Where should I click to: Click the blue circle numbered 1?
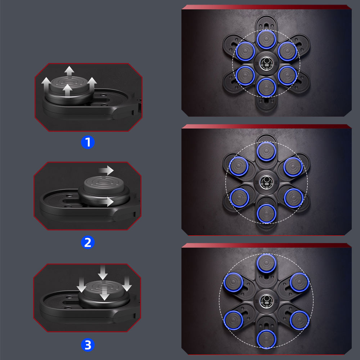[x=88, y=142]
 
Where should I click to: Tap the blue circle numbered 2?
[x=88, y=242]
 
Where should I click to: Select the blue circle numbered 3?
[x=88, y=345]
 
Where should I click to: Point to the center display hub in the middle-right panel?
[x=266, y=182]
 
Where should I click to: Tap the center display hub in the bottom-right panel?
[x=266, y=301]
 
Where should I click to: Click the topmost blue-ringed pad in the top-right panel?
[x=266, y=39]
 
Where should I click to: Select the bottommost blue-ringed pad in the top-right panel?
[x=266, y=87]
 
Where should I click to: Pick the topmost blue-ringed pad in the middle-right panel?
[x=266, y=152]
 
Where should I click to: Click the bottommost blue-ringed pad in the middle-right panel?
[x=266, y=213]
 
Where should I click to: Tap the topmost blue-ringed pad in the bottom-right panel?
[x=266, y=263]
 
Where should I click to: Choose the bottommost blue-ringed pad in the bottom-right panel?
[x=266, y=339]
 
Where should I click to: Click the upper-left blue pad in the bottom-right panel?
[x=234, y=282]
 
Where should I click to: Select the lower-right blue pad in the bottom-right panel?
[x=300, y=320]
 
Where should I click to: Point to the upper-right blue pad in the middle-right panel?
[x=293, y=167]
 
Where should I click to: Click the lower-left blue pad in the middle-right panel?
[x=239, y=198]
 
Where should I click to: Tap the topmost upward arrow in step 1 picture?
[x=69, y=71]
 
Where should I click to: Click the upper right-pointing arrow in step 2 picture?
[x=106, y=170]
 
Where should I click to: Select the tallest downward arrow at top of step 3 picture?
[x=103, y=273]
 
